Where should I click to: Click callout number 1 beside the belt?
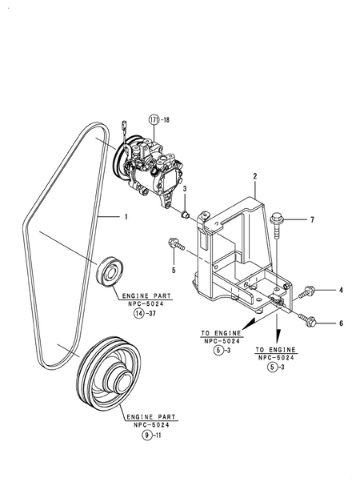(126, 217)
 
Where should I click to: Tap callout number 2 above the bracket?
(255, 176)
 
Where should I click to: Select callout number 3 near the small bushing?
(185, 189)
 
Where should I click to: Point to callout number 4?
(341, 290)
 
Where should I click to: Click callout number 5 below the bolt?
(174, 271)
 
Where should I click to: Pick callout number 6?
(341, 323)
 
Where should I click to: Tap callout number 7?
(312, 219)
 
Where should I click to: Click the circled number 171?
(154, 119)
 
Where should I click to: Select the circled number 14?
(138, 314)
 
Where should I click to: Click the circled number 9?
(147, 436)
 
